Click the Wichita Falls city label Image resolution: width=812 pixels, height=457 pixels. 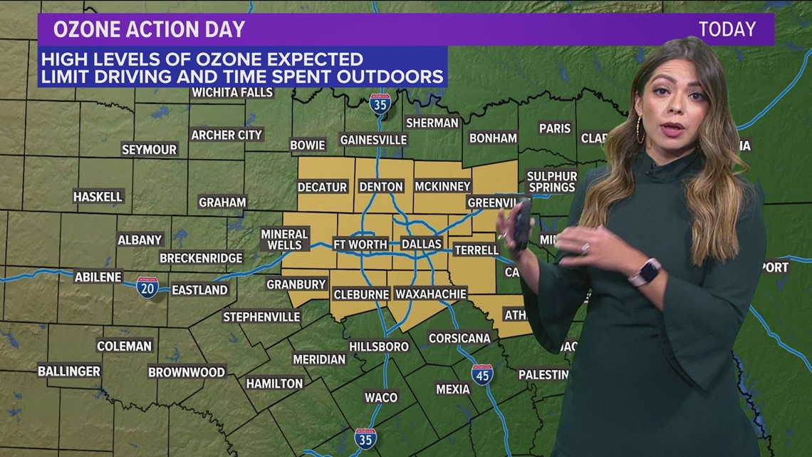232,93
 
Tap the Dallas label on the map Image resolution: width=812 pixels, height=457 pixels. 422,244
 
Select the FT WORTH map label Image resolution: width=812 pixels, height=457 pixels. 360,244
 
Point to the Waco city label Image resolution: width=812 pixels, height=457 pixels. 381,397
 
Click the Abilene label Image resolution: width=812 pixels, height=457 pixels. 98,277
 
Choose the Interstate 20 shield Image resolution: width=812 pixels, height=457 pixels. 147,287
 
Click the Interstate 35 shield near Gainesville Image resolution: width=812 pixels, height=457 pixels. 380,104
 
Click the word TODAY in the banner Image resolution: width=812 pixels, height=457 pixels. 727,29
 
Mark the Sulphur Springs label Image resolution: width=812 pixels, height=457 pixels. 551,182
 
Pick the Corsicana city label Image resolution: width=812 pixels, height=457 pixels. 459,338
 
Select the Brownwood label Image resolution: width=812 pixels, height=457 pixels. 187,372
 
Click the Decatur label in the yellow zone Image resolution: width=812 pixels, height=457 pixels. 322,187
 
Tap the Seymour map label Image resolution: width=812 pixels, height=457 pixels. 149,150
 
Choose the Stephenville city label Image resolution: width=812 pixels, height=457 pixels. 261,317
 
